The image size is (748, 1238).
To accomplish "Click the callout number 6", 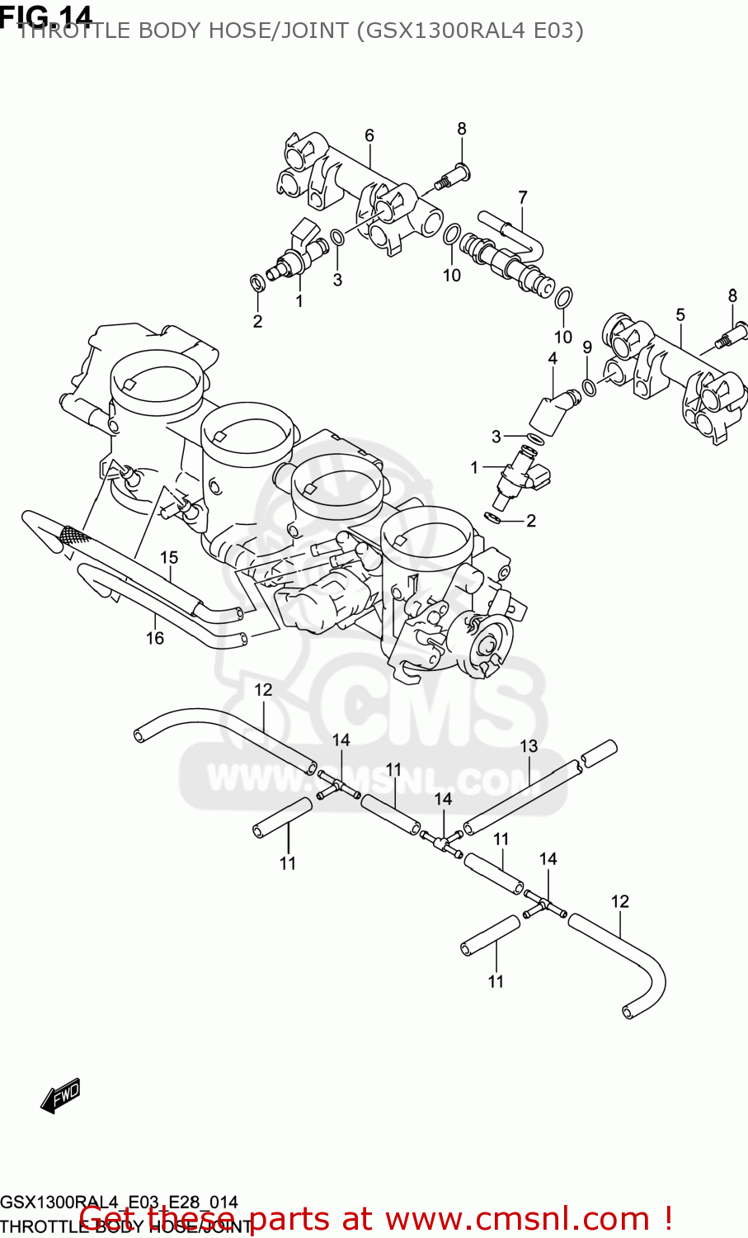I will click(369, 135).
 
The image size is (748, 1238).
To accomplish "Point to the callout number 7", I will click(522, 197).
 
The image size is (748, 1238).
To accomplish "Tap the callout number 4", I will click(553, 358).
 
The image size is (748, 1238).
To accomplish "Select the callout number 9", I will click(587, 347).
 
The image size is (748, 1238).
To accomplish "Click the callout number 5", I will click(680, 314).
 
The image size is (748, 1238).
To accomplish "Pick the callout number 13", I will click(529, 746).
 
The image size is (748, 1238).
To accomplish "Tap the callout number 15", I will click(169, 558).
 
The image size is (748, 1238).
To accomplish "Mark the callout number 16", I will click(155, 638).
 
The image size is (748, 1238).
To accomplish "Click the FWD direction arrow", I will click(60, 1096).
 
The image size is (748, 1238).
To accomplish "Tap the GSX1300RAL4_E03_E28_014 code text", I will click(119, 1202).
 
